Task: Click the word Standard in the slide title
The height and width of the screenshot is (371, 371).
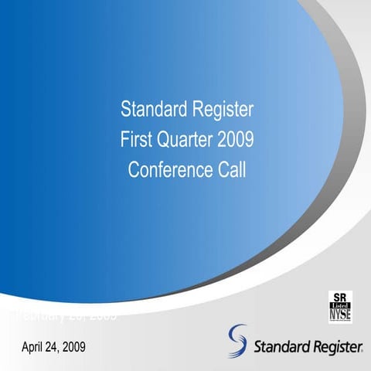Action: [151, 110]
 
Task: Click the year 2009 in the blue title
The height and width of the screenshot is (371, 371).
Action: [235, 140]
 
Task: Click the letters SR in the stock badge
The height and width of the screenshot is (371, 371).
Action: [339, 296]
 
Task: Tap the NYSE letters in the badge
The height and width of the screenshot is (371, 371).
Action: [339, 315]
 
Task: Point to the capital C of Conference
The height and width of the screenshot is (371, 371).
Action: [134, 170]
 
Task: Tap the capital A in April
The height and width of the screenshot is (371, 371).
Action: [25, 346]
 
